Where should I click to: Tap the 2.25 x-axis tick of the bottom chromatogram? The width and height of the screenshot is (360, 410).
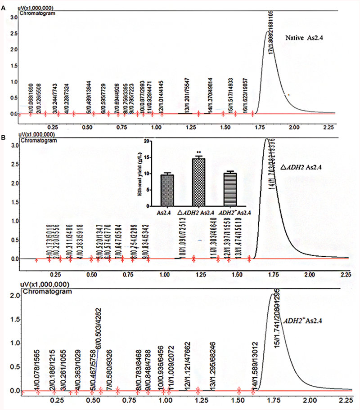(x=346, y=400)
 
